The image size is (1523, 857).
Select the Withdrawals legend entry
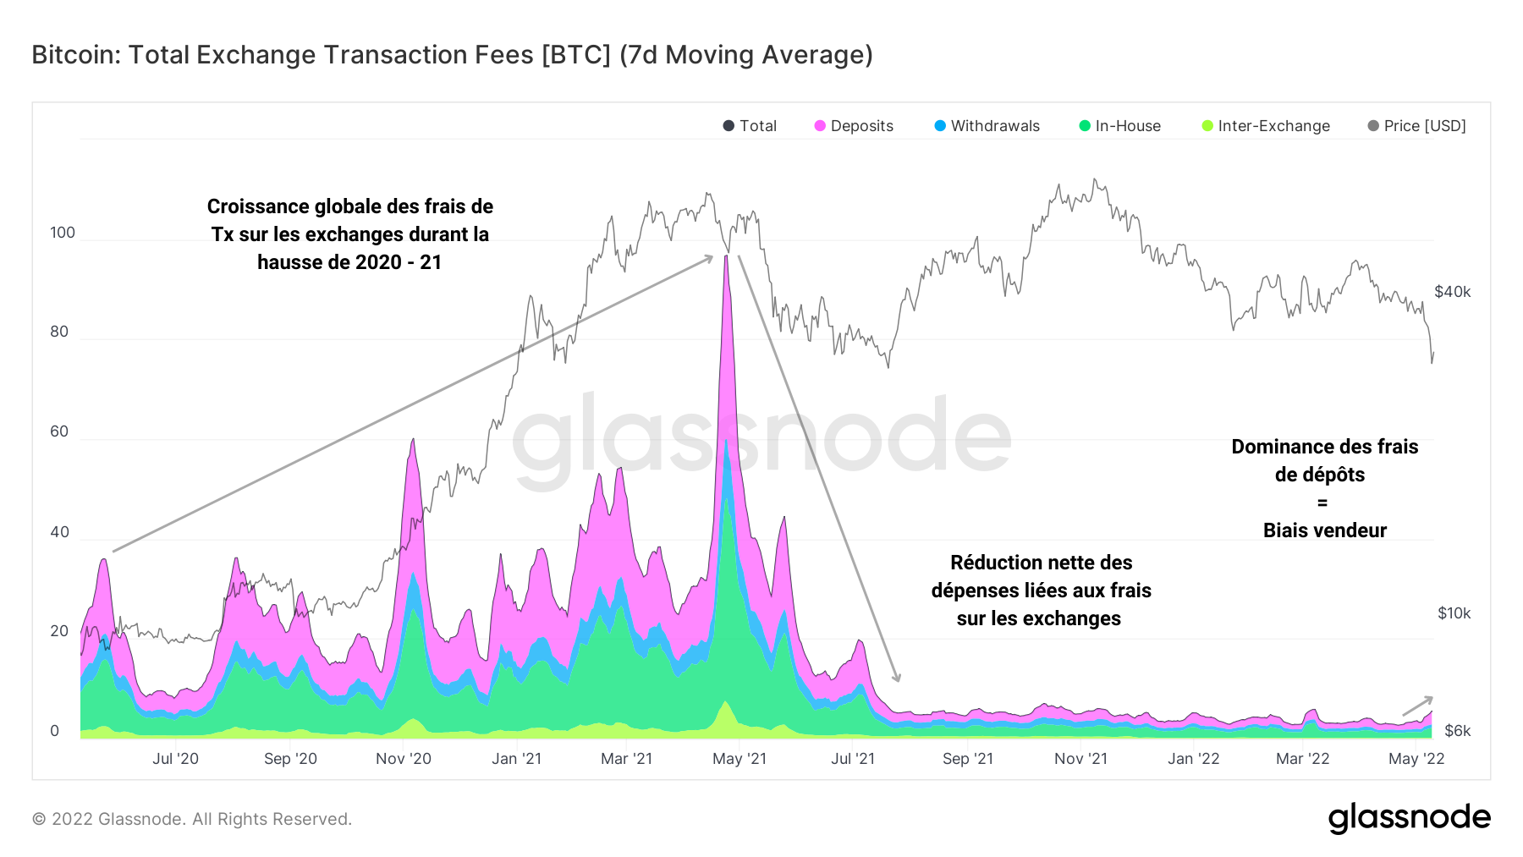click(x=987, y=126)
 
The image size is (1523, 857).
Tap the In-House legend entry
click(x=1119, y=126)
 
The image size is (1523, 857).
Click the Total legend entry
click(x=750, y=126)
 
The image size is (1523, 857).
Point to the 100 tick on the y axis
click(x=63, y=233)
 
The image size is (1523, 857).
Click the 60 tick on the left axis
click(x=59, y=431)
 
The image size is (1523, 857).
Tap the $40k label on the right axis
click(x=1452, y=292)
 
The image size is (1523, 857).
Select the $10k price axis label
click(x=1454, y=613)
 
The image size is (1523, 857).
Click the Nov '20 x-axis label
click(x=404, y=759)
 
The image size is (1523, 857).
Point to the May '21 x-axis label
click(x=740, y=759)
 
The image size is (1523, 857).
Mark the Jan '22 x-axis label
click(x=1193, y=759)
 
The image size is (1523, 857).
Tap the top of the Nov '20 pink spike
click(x=412, y=440)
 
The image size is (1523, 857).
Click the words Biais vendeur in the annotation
click(x=1325, y=530)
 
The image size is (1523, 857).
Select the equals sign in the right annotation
click(x=1322, y=503)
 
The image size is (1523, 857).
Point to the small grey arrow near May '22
click(x=1417, y=706)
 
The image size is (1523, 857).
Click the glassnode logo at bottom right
click(x=1409, y=818)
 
